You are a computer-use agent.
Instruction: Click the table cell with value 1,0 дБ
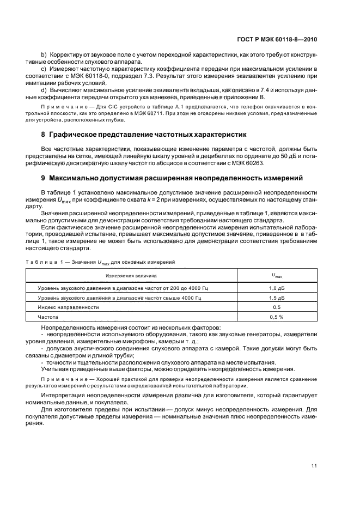[x=277, y=287]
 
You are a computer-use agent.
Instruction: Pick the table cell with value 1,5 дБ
[x=277, y=297]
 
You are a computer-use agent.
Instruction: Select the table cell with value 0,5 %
[x=277, y=317]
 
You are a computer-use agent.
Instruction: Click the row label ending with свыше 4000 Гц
[x=119, y=297]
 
